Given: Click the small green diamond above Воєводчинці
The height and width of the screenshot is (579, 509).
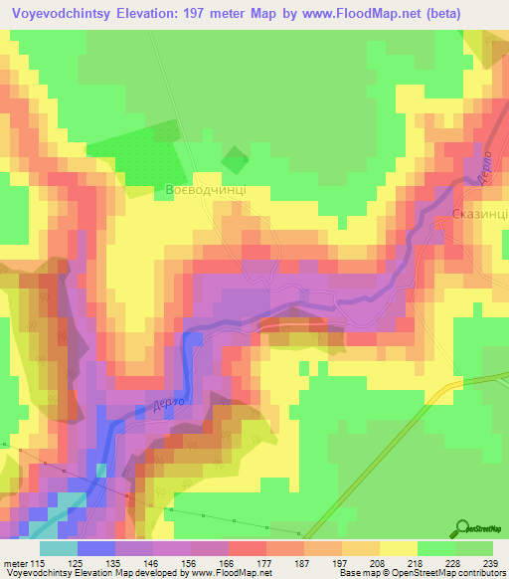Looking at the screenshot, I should point(235,158).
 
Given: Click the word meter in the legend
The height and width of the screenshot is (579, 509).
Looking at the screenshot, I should point(15,562).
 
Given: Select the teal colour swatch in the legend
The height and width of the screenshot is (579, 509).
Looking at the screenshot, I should point(58,548).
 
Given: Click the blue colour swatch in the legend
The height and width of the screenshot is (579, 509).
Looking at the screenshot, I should point(95,548).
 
